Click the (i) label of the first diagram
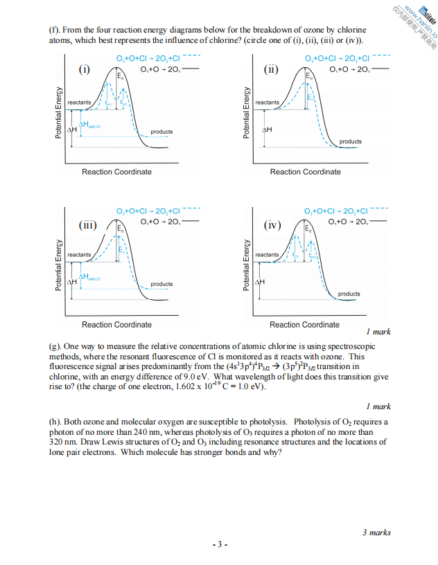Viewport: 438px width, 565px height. [x=84, y=69]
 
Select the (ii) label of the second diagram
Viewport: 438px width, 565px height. [x=271, y=69]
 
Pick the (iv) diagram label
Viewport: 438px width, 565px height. [x=272, y=225]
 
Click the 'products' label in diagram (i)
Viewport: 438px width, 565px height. [x=161, y=132]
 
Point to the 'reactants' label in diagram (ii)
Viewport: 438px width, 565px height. [x=268, y=102]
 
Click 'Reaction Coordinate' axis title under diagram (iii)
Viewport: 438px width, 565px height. [x=116, y=325]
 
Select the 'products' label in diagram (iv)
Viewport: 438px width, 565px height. [x=349, y=294]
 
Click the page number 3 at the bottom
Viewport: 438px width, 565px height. [x=218, y=544]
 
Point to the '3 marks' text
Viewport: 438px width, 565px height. [x=376, y=532]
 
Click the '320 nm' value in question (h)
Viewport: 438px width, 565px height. [x=60, y=442]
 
